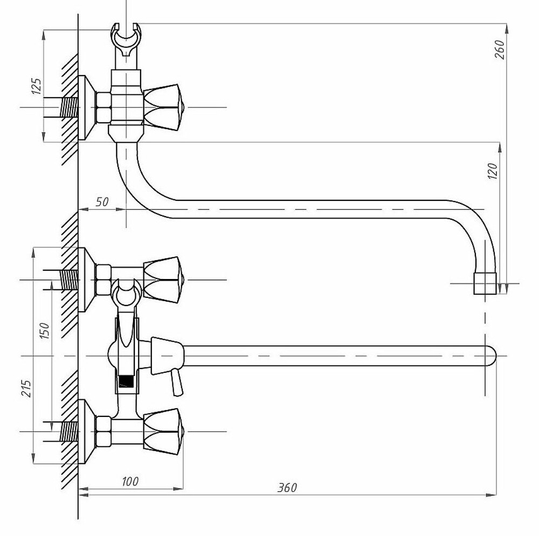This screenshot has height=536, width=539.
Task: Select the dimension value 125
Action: pyautogui.click(x=37, y=86)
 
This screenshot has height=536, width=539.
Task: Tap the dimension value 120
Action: pyautogui.click(x=493, y=171)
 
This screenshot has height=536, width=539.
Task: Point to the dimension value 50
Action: pyautogui.click(x=102, y=201)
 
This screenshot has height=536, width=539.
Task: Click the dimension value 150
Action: pyautogui.click(x=45, y=331)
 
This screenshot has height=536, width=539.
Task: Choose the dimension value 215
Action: pyautogui.click(x=27, y=388)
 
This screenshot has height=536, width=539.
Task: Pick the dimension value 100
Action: pyautogui.click(x=130, y=482)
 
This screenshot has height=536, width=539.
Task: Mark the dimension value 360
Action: pyautogui.click(x=287, y=487)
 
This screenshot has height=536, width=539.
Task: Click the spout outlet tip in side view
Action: pyautogui.click(x=485, y=284)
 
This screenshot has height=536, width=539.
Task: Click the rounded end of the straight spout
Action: pyautogui.click(x=492, y=356)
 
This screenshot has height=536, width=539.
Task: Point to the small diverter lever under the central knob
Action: pyautogui.click(x=177, y=382)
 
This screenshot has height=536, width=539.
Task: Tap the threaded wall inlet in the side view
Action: pyautogui.click(x=69, y=107)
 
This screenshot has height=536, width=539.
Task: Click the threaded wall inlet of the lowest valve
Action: pyautogui.click(x=69, y=431)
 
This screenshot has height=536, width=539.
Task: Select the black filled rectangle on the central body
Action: pyautogui.click(x=126, y=381)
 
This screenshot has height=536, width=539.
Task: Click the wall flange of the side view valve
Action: pyautogui.click(x=86, y=108)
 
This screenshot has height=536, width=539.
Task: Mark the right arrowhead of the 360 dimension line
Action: pyautogui.click(x=492, y=495)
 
